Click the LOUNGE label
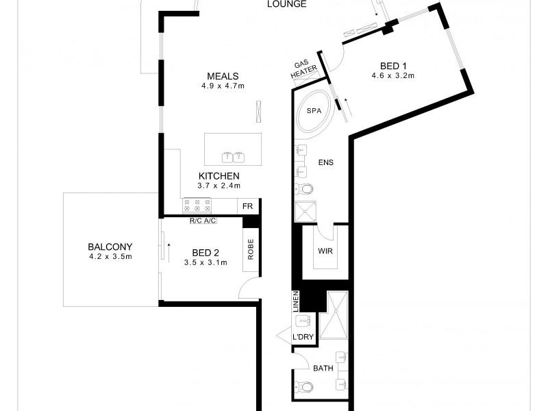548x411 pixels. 286,4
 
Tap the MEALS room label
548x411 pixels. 224,76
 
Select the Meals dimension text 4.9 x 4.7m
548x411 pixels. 223,86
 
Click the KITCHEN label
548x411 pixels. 219,176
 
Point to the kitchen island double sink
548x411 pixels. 233,157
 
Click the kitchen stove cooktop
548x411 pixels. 197,205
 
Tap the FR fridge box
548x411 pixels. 248,206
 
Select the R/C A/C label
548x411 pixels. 202,221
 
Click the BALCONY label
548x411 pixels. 110,247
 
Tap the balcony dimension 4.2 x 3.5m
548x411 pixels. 110,257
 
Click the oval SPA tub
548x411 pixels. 314,112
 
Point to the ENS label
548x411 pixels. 325,162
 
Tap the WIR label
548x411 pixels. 325,251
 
